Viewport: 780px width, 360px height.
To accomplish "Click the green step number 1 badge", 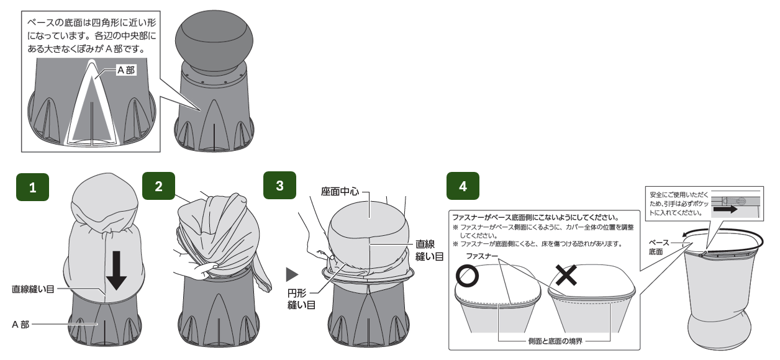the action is click(x=32, y=187).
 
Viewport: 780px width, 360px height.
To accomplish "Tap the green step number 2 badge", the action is click(x=158, y=186).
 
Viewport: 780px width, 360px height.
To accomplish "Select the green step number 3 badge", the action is click(x=279, y=185).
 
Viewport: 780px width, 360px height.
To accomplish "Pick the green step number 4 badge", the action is click(x=463, y=186).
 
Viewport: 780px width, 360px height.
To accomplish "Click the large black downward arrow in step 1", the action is click(x=116, y=270).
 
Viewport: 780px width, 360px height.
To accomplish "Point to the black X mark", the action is click(x=566, y=275).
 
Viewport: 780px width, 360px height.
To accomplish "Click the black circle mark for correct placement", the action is click(x=467, y=276).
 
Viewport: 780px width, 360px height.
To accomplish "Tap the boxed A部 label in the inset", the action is click(x=126, y=70).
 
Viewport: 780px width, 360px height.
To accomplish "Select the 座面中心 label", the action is click(x=340, y=192).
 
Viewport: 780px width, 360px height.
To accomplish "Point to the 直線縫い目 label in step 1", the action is click(x=33, y=289).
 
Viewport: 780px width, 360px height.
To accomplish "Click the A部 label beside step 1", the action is click(x=20, y=325).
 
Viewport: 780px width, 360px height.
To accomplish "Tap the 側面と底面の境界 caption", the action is click(x=555, y=341).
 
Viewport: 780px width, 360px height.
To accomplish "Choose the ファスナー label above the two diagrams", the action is click(x=482, y=256).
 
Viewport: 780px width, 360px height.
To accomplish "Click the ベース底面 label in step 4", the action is click(x=658, y=247).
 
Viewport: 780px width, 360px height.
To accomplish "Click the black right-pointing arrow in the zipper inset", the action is click(x=725, y=209).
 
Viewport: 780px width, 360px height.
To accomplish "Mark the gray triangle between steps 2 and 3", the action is click(x=292, y=274).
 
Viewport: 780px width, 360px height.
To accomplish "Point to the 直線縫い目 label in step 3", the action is click(x=429, y=250).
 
